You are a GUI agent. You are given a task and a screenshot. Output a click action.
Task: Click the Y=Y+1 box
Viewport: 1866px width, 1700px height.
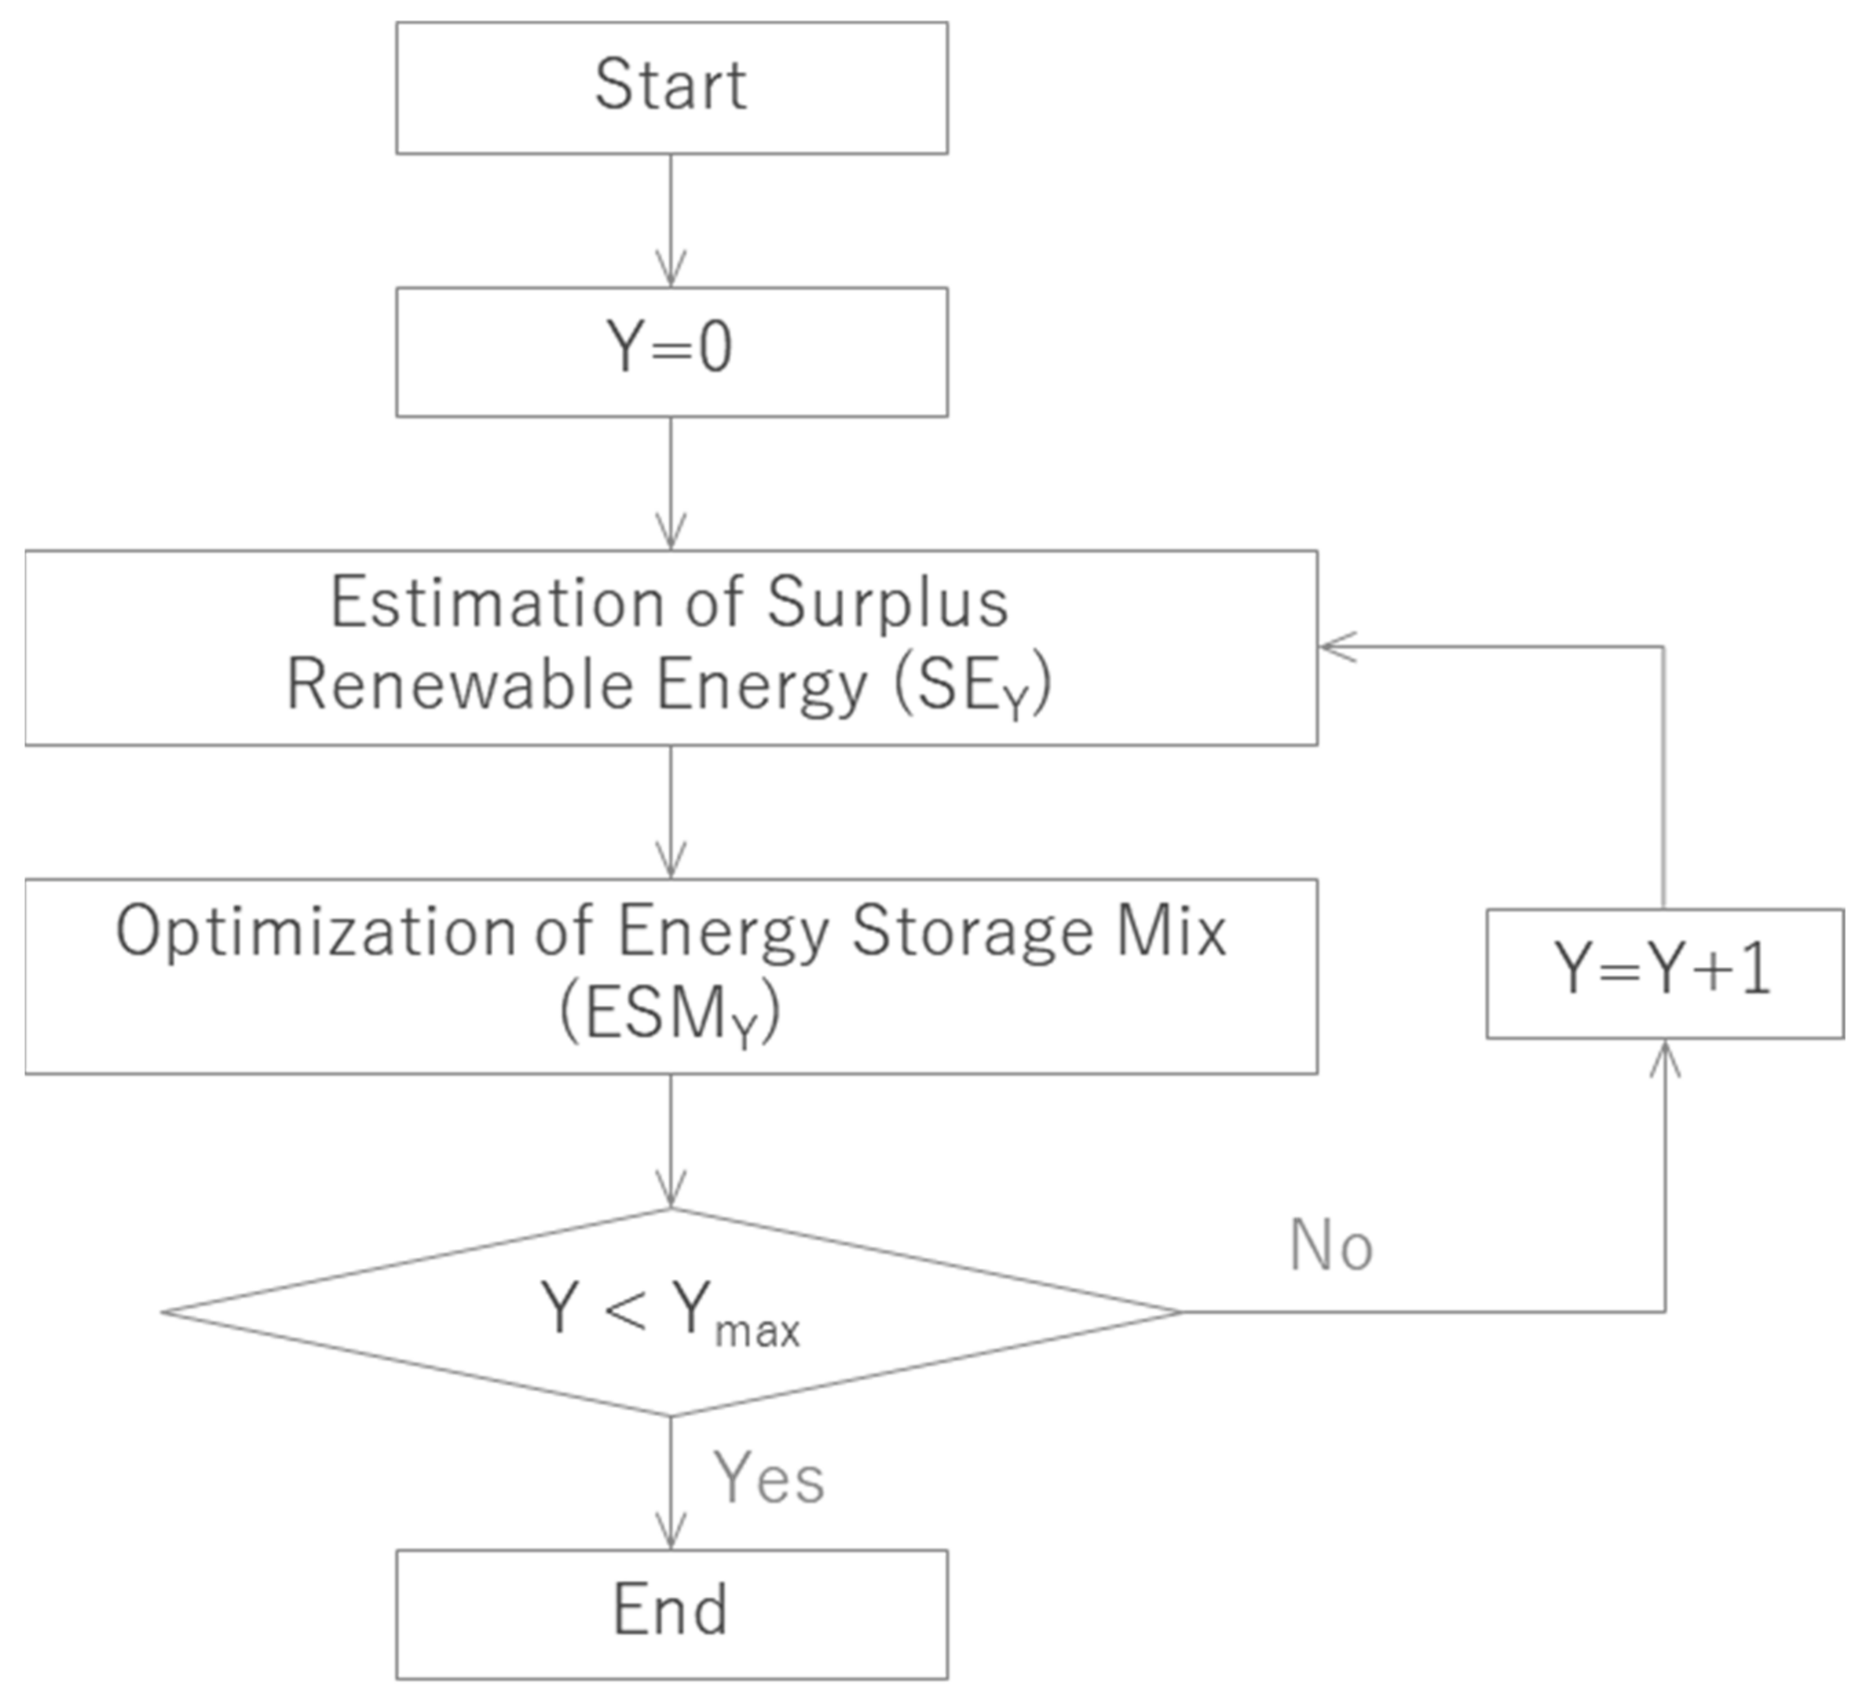point(1664,973)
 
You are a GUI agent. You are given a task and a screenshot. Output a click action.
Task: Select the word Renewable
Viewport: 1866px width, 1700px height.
point(459,686)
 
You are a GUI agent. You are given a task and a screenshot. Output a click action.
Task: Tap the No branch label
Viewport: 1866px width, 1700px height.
point(1331,1246)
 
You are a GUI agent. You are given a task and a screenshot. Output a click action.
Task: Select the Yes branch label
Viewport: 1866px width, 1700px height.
point(769,1478)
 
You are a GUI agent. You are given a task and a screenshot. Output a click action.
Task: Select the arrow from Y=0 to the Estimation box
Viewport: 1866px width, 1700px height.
point(671,483)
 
